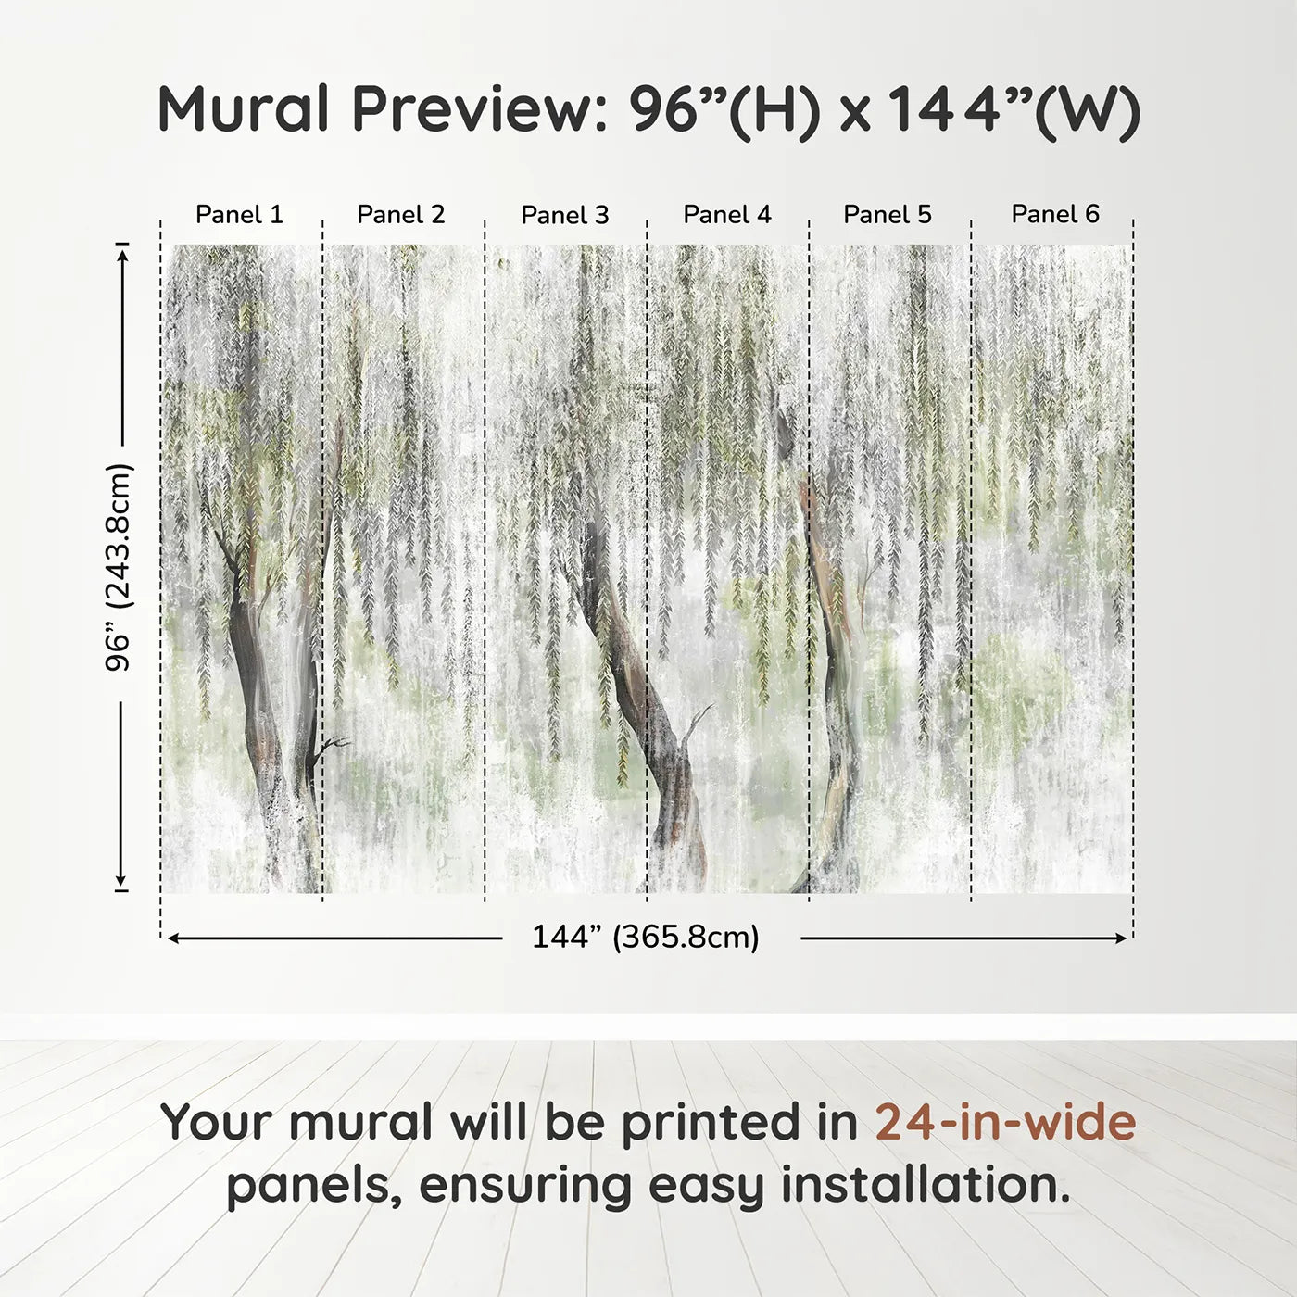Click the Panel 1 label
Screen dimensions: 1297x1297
pos(239,215)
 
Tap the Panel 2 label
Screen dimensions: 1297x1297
pos(401,215)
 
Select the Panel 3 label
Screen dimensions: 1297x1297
pos(565,216)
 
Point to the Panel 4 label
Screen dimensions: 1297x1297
pos(727,215)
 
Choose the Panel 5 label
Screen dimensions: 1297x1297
pos(888,215)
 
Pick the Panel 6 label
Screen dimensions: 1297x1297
pos(1055,215)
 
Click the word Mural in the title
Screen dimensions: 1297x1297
pos(244,109)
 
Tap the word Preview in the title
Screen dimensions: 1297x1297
pos(478,109)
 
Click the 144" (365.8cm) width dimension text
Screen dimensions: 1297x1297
pos(646,938)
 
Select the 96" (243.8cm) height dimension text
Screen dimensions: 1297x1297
pos(119,567)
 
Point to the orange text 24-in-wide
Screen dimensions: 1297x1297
pos(1005,1123)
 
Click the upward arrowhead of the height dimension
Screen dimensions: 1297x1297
pos(121,252)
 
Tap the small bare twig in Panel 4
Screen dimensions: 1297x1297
pos(697,723)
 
